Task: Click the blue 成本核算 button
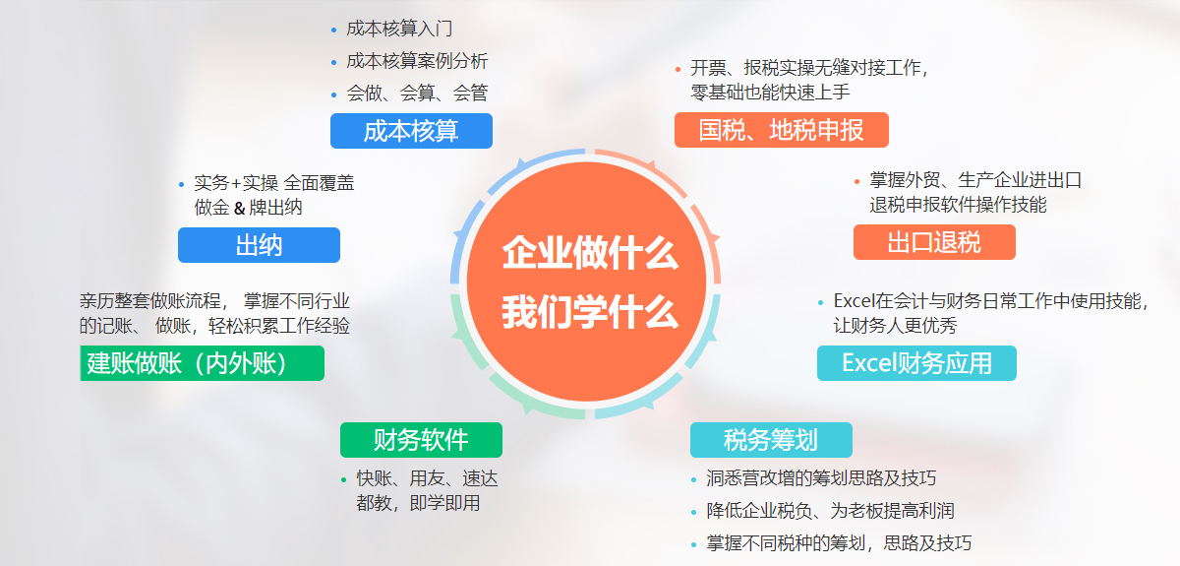(411, 131)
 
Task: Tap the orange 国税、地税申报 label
(781, 130)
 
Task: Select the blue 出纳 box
(259, 245)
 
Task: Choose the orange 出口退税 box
(934, 242)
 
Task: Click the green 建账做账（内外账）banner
(202, 363)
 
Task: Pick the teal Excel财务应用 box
(916, 363)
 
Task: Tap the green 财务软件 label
(421, 440)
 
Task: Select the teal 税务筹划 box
(771, 440)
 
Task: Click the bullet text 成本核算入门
(399, 29)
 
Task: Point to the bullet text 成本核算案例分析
(417, 61)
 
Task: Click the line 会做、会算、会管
(417, 94)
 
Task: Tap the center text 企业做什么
(590, 253)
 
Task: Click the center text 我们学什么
(590, 312)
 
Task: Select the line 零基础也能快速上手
(770, 93)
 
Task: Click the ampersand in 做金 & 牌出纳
(240, 208)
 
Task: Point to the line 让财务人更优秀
(895, 326)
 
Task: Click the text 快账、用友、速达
(427, 478)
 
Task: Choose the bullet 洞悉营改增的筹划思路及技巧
(821, 478)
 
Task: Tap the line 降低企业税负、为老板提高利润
(830, 511)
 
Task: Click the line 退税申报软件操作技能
(958, 205)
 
